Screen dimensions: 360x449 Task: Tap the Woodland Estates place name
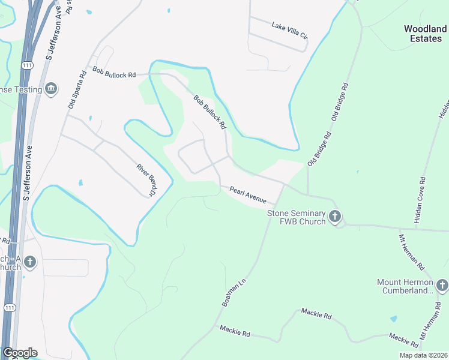pos(425,34)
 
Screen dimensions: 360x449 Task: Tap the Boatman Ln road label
pos(234,292)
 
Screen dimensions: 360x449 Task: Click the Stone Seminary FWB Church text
pos(297,217)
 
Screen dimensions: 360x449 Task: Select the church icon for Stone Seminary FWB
pos(335,216)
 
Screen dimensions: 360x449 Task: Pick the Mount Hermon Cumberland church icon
pos(442,284)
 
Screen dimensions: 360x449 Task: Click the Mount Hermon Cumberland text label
pos(405,286)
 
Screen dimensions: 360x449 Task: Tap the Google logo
pos(20,353)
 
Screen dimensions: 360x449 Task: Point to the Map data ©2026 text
pos(423,355)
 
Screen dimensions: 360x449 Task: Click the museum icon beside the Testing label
pos(51,89)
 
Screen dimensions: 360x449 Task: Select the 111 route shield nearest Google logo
pos(10,308)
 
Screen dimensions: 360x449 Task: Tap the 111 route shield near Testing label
pos(26,65)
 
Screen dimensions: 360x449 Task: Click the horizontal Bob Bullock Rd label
pos(114,72)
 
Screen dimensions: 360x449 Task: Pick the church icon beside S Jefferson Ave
pos(30,262)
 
